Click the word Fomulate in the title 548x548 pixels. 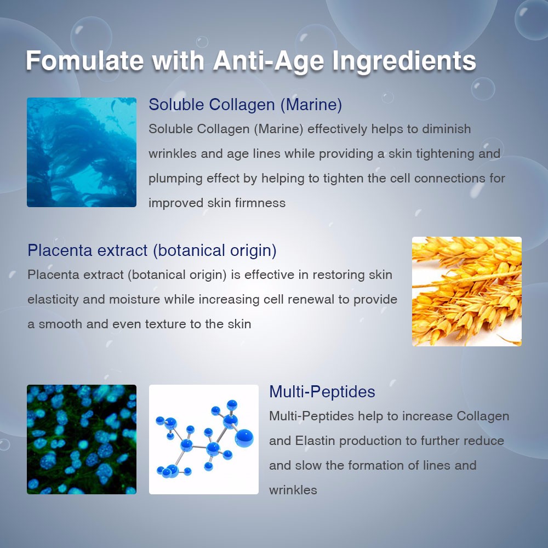pyautogui.click(x=84, y=61)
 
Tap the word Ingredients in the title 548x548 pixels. pyautogui.click(x=404, y=61)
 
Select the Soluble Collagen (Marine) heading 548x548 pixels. pyautogui.click(x=246, y=104)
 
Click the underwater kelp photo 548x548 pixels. pyautogui.click(x=82, y=152)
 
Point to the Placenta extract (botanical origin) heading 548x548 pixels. pyautogui.click(x=152, y=250)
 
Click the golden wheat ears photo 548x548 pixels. pyautogui.click(x=466, y=291)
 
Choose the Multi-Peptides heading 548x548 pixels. pyautogui.click(x=322, y=392)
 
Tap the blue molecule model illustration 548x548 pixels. pyautogui.click(x=203, y=439)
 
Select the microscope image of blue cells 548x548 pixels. pyautogui.click(x=82, y=439)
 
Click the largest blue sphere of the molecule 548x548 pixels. pyautogui.click(x=244, y=438)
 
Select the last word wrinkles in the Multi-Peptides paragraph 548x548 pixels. pyautogui.click(x=293, y=490)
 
